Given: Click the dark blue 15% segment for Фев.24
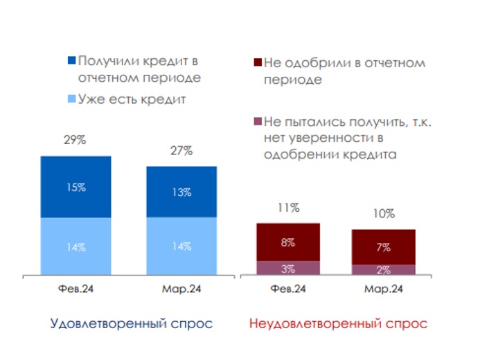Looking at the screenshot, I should (x=76, y=187).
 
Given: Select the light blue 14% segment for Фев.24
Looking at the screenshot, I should (x=76, y=247).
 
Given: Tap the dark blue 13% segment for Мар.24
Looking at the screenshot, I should (x=181, y=192).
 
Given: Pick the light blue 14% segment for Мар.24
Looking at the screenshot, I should (x=181, y=247).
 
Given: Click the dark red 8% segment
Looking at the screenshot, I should (x=287, y=242).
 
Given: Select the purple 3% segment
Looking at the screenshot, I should (x=287, y=269).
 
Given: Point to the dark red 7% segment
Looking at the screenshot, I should (x=383, y=247).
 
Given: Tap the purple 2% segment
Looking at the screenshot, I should (x=383, y=271).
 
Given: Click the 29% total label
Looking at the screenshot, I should (x=75, y=141).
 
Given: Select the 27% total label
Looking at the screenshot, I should (x=181, y=151).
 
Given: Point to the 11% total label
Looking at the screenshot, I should (x=287, y=208).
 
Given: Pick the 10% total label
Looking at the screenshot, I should (x=383, y=214).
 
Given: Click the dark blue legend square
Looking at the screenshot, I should (x=71, y=61).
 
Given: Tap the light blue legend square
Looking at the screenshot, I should (x=71, y=100).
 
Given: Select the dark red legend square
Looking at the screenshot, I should (x=256, y=63).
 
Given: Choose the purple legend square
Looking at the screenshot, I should (x=256, y=123).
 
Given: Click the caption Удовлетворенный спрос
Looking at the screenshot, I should (x=131, y=323).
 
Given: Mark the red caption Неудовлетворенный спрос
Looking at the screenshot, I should (x=338, y=323).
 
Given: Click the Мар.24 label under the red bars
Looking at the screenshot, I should (x=383, y=289).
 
